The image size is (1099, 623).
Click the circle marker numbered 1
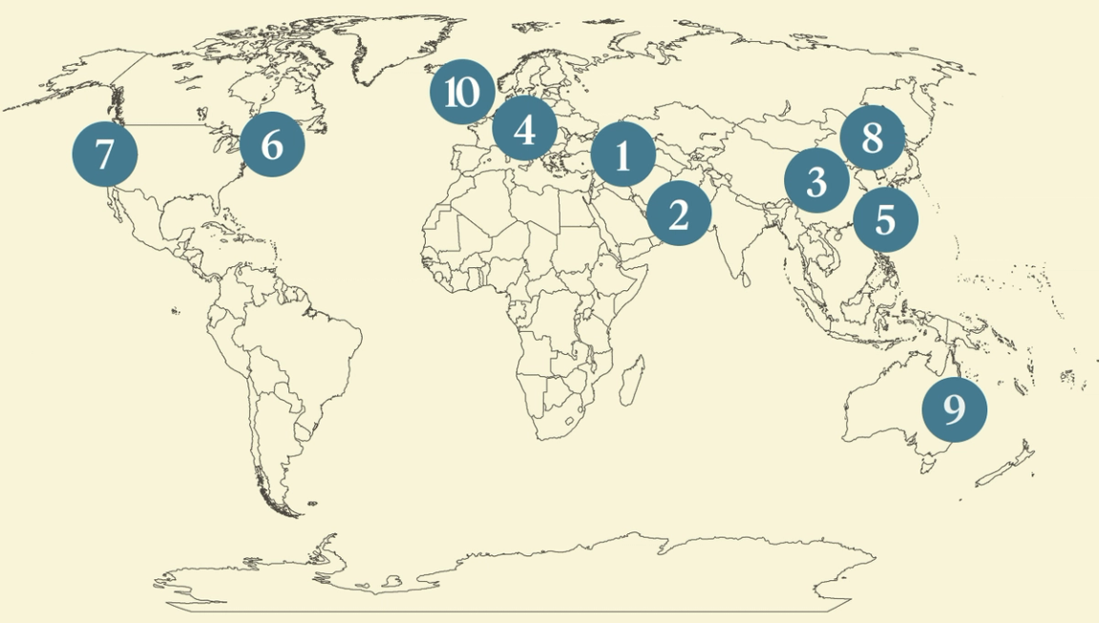tap(623, 155)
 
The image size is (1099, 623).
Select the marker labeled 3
tap(816, 180)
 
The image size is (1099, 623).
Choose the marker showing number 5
tap(885, 219)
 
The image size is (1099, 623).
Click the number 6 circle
tap(272, 145)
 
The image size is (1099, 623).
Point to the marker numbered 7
tap(105, 154)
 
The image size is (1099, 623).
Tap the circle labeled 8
tap(873, 137)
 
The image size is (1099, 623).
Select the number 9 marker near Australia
tap(954, 408)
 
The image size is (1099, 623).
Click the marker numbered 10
tap(462, 93)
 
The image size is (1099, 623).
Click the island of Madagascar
tap(630, 380)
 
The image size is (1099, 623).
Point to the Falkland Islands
tap(309, 503)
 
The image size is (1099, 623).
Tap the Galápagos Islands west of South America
tap(176, 311)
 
